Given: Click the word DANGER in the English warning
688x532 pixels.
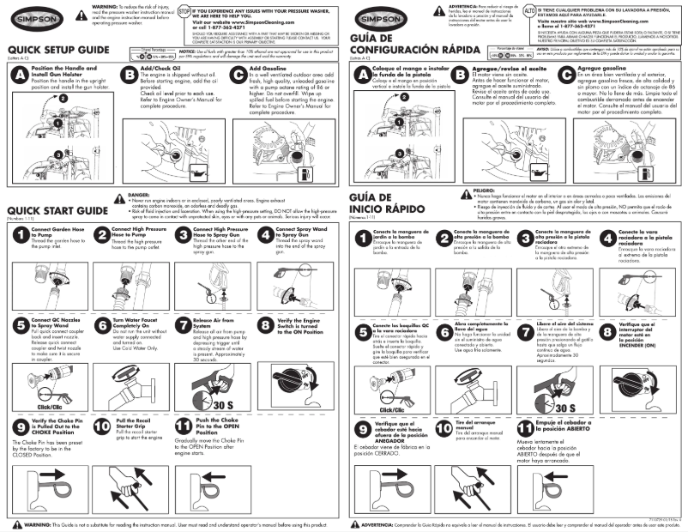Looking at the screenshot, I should [x=138, y=196].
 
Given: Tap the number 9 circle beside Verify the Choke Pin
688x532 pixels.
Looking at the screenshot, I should [x=16, y=429].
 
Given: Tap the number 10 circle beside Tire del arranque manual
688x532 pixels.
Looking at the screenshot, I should [x=444, y=429].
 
